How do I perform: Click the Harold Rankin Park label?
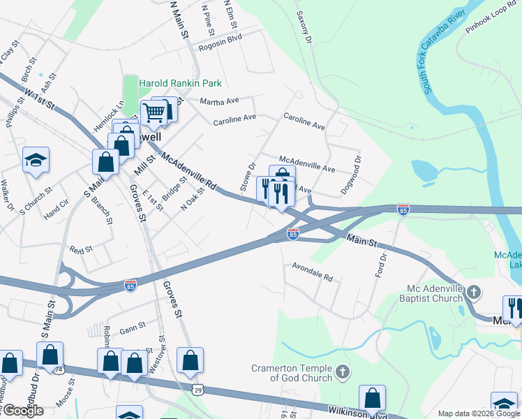180,83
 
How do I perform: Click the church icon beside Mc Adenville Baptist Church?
473,292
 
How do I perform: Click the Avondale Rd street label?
312,271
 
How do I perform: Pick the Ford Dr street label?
380,265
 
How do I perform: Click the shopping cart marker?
154,112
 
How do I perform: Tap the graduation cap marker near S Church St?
36,161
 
